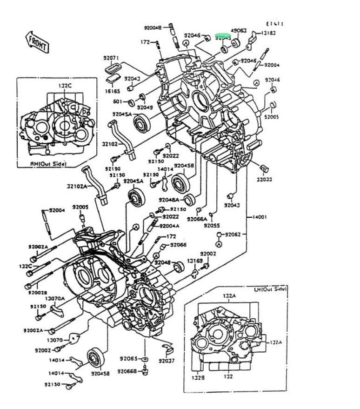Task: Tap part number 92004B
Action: click(152, 28)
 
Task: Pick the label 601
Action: click(117, 102)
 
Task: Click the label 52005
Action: click(272, 117)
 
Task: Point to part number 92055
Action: click(212, 225)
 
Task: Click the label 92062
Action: click(233, 235)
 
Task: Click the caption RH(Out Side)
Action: click(48, 164)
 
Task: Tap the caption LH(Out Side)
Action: click(270, 289)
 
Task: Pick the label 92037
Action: click(166, 361)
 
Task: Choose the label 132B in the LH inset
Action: click(199, 377)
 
